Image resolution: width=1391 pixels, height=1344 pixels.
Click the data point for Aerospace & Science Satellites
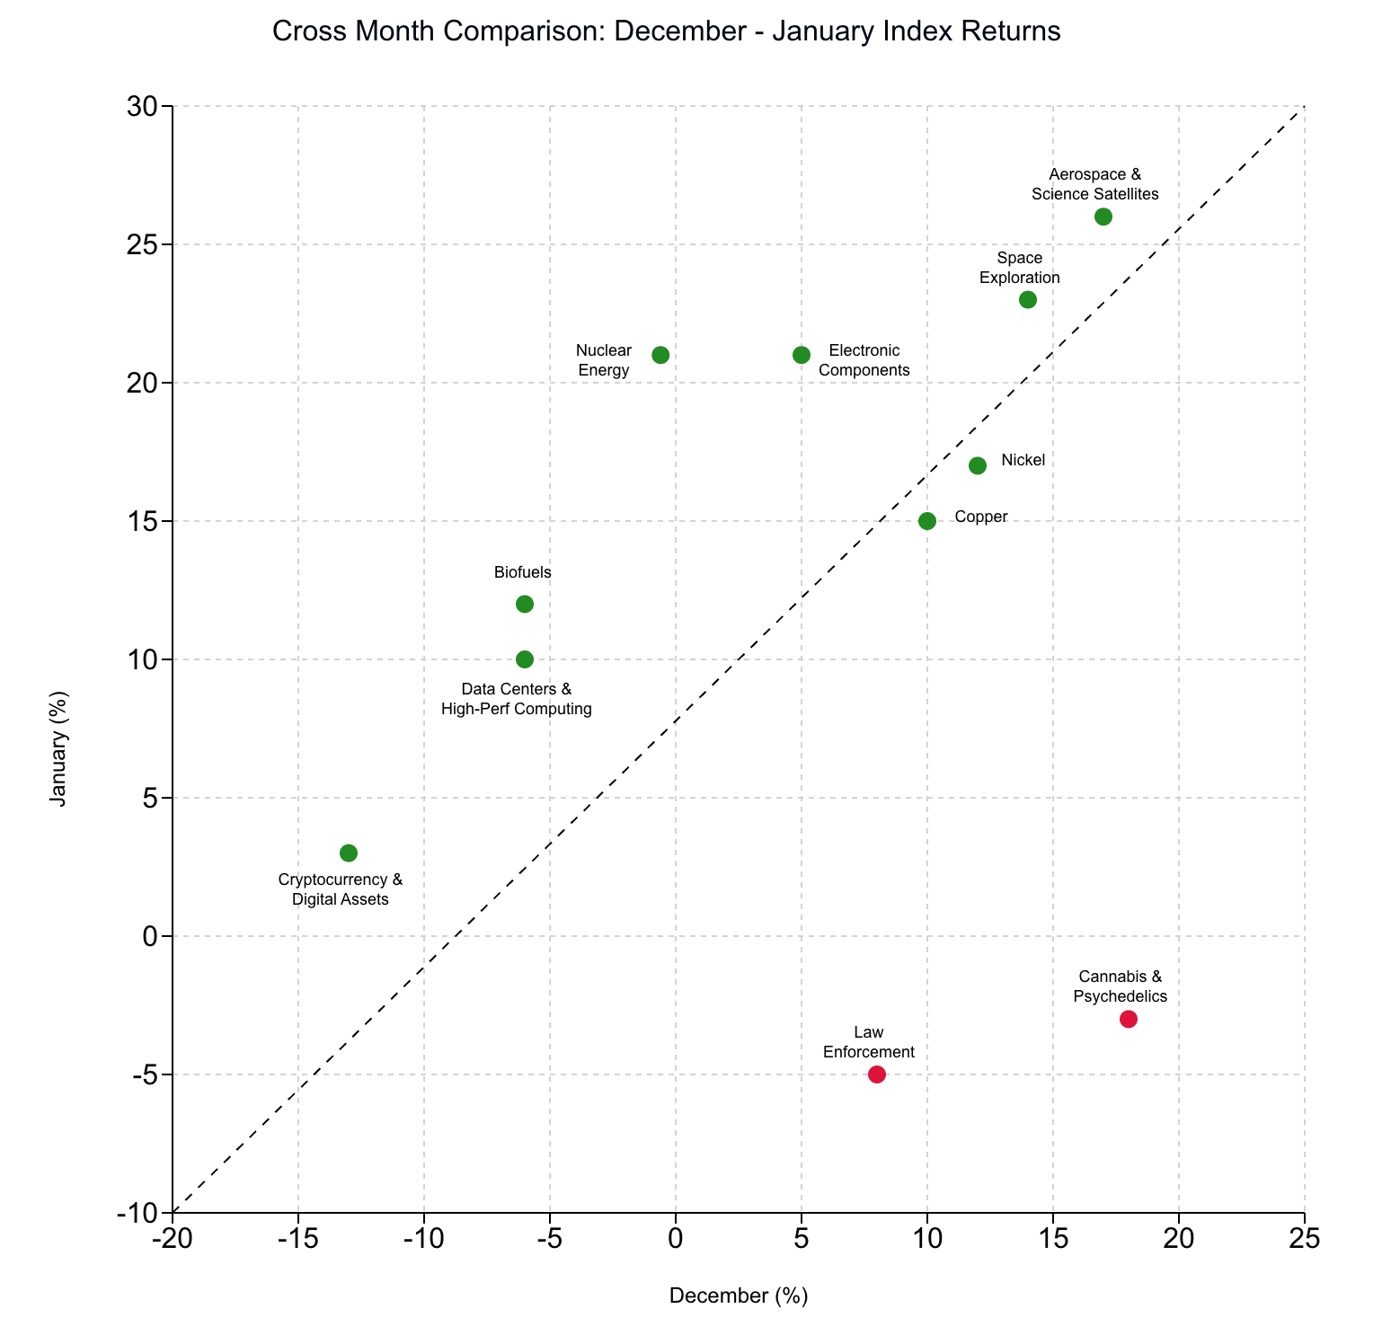[x=1103, y=217]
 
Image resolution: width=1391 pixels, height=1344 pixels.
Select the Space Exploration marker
[x=1028, y=299]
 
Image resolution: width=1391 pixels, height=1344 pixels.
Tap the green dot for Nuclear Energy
[x=660, y=355]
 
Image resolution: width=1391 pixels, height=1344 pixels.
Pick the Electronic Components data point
[x=802, y=355]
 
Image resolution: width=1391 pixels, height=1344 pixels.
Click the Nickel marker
[x=978, y=465]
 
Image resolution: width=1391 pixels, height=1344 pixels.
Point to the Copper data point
[x=927, y=521]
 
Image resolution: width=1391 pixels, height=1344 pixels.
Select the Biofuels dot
[x=525, y=604]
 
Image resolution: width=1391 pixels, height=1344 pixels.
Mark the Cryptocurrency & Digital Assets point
[x=349, y=853]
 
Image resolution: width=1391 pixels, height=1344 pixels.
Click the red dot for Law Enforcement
[x=877, y=1074]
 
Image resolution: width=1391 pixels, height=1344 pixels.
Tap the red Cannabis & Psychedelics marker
[x=1129, y=1019]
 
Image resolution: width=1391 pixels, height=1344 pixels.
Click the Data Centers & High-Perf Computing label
[x=517, y=699]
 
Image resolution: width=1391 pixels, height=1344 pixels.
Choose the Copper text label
[x=981, y=517]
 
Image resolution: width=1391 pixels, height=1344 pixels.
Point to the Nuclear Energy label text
[x=604, y=359]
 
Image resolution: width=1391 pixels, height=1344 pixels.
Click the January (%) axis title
[x=59, y=748]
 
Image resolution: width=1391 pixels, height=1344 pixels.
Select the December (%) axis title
[x=739, y=1295]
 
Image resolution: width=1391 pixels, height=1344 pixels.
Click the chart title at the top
[x=666, y=31]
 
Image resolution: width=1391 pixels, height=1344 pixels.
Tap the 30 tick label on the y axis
[x=144, y=106]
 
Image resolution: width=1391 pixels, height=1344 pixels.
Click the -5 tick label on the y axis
[x=144, y=1074]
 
